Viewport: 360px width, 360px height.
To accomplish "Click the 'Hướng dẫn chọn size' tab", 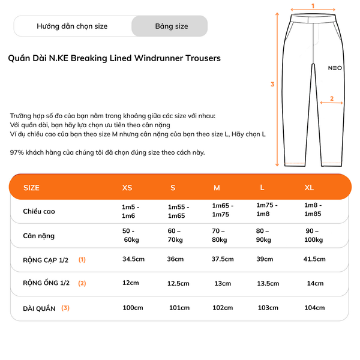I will pyautogui.click(x=72, y=26).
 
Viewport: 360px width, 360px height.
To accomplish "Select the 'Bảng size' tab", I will pyautogui.click(x=171, y=26).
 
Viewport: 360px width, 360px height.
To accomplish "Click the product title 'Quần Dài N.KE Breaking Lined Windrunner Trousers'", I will pyautogui.click(x=115, y=58).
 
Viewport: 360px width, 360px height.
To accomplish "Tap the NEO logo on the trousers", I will pyautogui.click(x=335, y=68).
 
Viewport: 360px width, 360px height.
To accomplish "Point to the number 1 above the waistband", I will pyautogui.click(x=313, y=5).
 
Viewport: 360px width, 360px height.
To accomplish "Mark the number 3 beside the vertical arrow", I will pyautogui.click(x=272, y=84).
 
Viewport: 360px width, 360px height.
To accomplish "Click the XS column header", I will pyautogui.click(x=127, y=188).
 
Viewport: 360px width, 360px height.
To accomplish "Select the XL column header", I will pyautogui.click(x=309, y=188).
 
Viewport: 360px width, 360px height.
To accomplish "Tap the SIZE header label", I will pyautogui.click(x=31, y=188).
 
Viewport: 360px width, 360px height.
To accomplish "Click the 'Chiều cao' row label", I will pyautogui.click(x=39, y=211).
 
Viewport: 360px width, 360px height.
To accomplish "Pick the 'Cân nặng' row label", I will pyautogui.click(x=39, y=235).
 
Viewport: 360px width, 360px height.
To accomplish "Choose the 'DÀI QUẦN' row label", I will pyautogui.click(x=40, y=308).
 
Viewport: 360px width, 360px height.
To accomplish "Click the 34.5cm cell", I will pyautogui.click(x=133, y=259).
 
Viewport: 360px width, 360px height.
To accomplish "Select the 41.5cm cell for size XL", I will pyautogui.click(x=314, y=259).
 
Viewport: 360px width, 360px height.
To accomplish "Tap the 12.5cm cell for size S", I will pyautogui.click(x=178, y=284).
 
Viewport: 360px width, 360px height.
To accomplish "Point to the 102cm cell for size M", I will pyautogui.click(x=223, y=308).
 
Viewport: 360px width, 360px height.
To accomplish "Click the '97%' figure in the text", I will pyautogui.click(x=17, y=152).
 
